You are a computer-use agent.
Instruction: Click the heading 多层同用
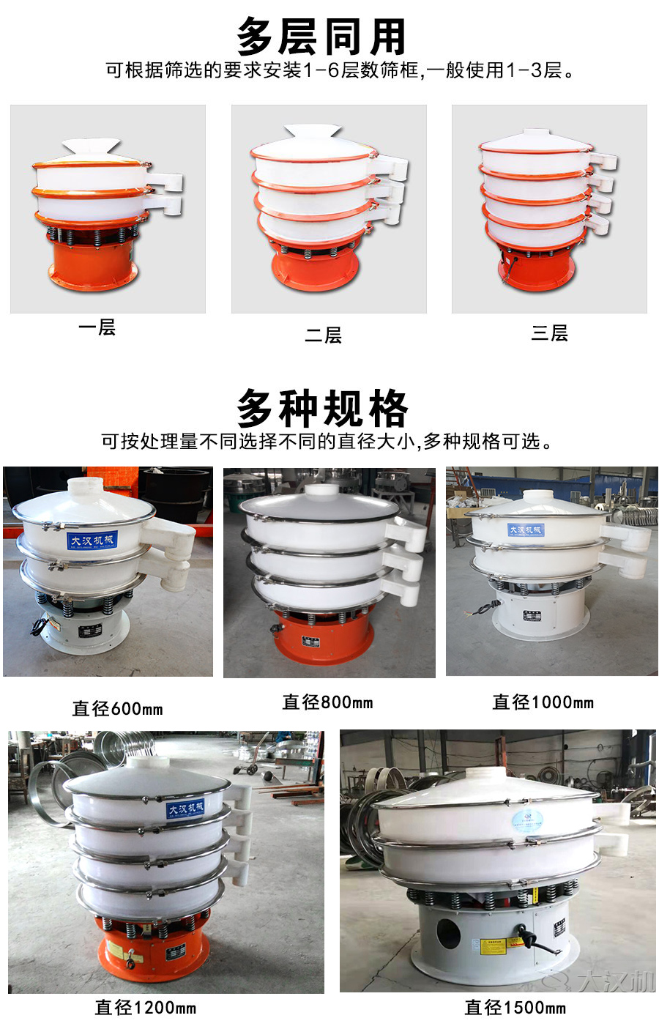[321, 37]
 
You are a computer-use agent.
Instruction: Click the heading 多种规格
[321, 408]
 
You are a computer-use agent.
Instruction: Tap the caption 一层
[97, 327]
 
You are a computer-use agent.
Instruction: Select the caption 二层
[323, 335]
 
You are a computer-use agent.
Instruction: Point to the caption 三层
[549, 333]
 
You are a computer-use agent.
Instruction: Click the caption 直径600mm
[117, 708]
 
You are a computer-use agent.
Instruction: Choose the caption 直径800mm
[327, 702]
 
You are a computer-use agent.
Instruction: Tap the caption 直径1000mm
[543, 702]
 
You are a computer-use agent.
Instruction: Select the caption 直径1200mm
[145, 1008]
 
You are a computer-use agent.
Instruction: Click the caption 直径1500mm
[515, 1008]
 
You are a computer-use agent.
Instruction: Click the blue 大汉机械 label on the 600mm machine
[91, 540]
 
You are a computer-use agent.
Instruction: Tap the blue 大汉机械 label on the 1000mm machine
[526, 530]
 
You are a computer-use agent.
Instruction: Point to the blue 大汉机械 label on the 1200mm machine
[185, 809]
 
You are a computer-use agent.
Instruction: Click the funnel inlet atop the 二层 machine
[313, 132]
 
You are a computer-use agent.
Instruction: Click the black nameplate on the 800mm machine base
[311, 642]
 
